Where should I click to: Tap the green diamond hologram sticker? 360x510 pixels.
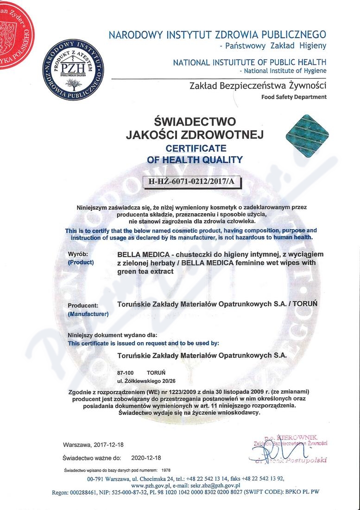pos(307,134)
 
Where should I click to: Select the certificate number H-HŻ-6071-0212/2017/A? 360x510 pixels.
pos(191,182)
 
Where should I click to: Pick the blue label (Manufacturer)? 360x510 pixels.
pos(88,314)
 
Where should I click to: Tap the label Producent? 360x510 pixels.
pos(83,306)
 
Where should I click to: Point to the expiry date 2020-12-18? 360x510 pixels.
pos(146,458)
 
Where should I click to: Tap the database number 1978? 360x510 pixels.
pos(166,470)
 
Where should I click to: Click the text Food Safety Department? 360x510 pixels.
pos(294,97)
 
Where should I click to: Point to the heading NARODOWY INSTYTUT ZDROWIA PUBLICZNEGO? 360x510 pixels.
pos(217,35)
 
